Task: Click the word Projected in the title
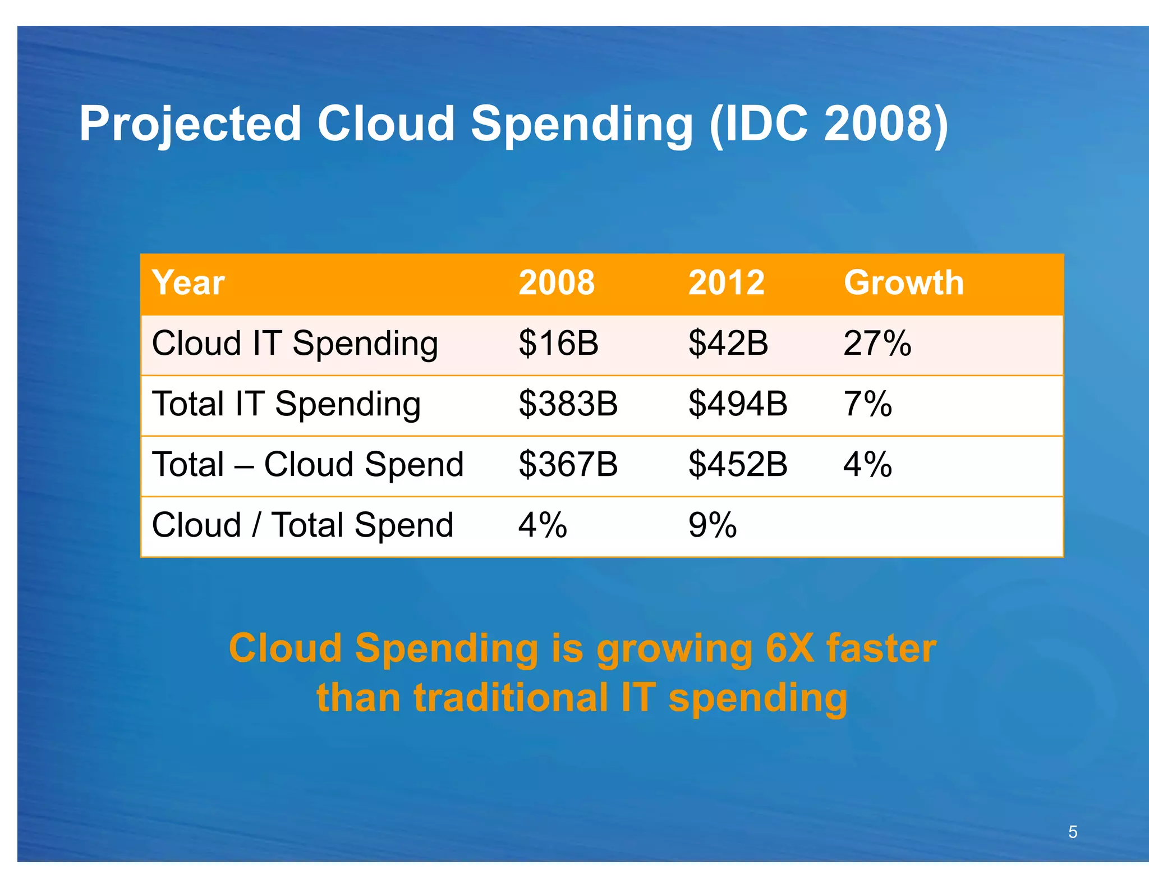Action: point(191,125)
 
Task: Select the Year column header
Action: point(188,282)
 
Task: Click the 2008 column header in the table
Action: point(556,282)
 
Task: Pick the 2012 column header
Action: point(726,282)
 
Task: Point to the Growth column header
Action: point(903,282)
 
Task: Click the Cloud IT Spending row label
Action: point(295,344)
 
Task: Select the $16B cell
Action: point(558,344)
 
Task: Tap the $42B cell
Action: point(728,344)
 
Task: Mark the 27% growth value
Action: point(877,344)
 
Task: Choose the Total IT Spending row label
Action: point(286,404)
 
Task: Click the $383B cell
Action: point(568,404)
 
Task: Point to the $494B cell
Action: point(738,404)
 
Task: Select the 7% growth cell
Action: point(867,404)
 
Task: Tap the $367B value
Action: point(568,465)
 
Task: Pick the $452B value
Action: point(738,465)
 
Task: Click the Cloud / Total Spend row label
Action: point(302,525)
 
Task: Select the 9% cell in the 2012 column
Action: point(713,525)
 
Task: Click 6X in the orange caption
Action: point(789,648)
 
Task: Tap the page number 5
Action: point(1073,832)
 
